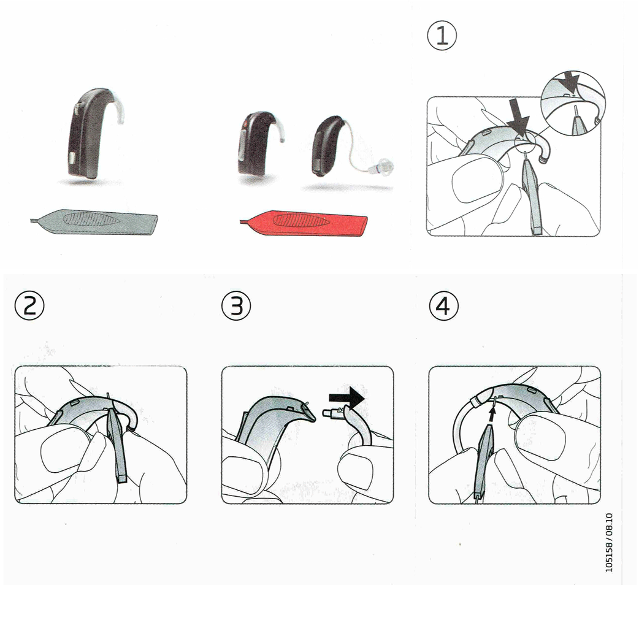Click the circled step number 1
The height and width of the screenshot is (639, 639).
(x=442, y=36)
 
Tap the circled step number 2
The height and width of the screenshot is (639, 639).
(x=29, y=305)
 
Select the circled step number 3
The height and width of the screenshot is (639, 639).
(x=236, y=305)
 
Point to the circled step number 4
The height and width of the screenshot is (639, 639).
(x=444, y=305)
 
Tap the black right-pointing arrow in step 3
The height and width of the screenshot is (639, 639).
(x=347, y=397)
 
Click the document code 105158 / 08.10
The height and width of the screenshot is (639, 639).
(x=609, y=543)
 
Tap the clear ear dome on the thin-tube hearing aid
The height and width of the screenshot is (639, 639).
(x=381, y=166)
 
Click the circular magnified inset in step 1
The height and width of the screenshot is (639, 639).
(x=573, y=104)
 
